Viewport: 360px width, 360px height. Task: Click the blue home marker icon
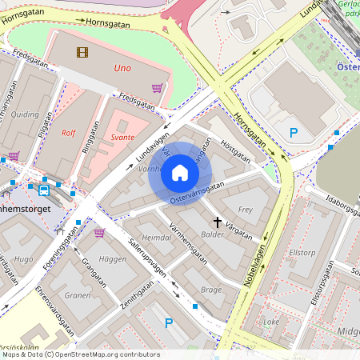pos(180,173)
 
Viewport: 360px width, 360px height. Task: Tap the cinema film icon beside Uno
pos(82,53)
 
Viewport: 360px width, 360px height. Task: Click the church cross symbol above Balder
pos(217,221)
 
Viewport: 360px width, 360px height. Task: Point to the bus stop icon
pos(43,190)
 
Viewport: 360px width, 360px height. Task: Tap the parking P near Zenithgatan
pos(168,323)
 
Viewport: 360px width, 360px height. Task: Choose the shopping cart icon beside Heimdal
pos(99,233)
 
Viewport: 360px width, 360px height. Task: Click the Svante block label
pos(122,137)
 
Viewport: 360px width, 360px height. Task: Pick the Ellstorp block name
pos(302,252)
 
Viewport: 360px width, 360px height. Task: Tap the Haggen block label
pos(113,260)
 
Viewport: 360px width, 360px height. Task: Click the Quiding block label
pos(24,114)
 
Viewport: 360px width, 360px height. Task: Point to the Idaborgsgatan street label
pos(333,197)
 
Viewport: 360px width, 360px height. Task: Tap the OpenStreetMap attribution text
pos(80,354)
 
